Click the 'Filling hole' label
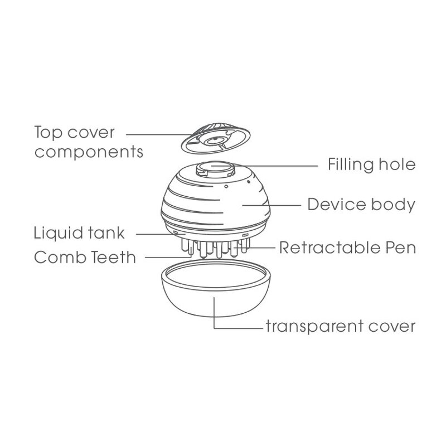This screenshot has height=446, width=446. click(x=370, y=166)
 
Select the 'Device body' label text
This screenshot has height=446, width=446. click(x=361, y=205)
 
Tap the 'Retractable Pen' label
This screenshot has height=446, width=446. click(x=347, y=247)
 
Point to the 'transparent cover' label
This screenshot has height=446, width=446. click(x=341, y=326)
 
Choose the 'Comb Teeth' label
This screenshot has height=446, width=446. click(x=84, y=258)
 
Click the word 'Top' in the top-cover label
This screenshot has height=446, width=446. click(x=49, y=133)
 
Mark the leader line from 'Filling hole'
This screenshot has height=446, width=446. click(x=279, y=165)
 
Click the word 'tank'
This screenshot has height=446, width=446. click(x=108, y=232)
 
